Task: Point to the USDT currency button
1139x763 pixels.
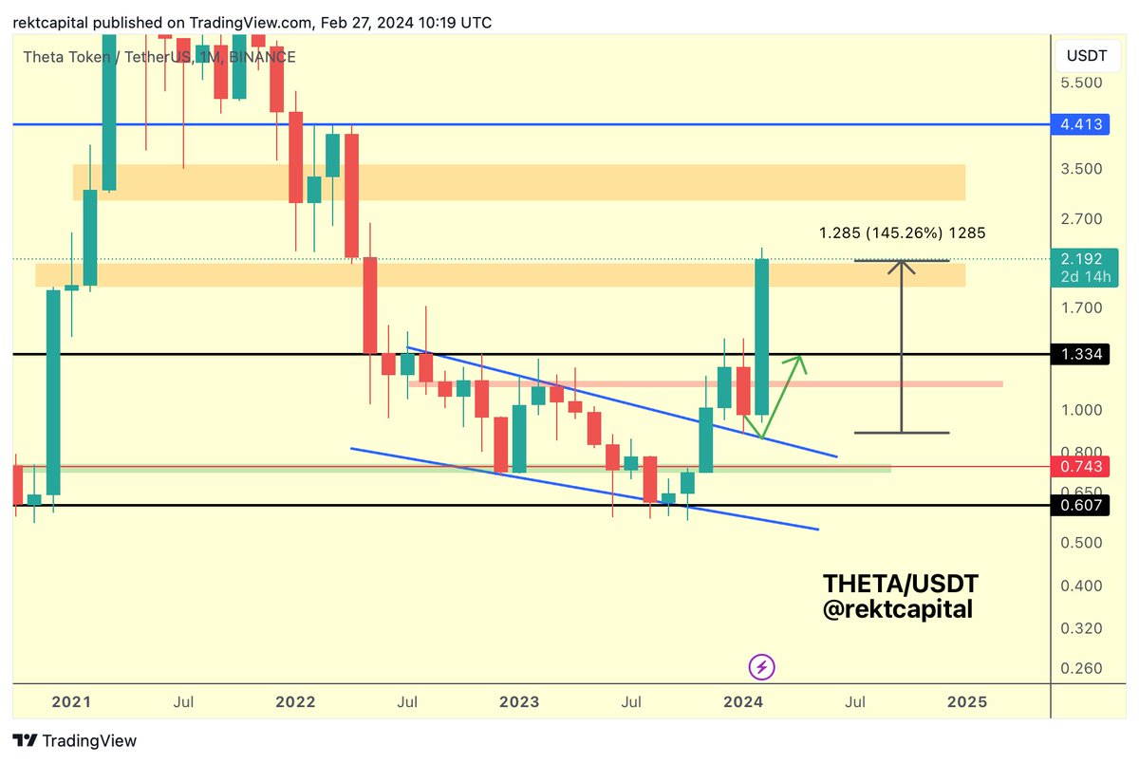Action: click(x=1087, y=56)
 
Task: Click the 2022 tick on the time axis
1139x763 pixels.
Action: click(x=295, y=702)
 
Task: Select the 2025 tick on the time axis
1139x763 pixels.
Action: click(x=967, y=702)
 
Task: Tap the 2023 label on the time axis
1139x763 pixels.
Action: click(x=519, y=702)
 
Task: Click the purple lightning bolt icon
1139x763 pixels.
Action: click(x=761, y=667)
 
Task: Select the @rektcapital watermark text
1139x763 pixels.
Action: click(x=897, y=609)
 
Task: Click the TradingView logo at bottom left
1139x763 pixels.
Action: click(x=75, y=741)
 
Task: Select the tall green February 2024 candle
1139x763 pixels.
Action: click(x=761, y=337)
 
